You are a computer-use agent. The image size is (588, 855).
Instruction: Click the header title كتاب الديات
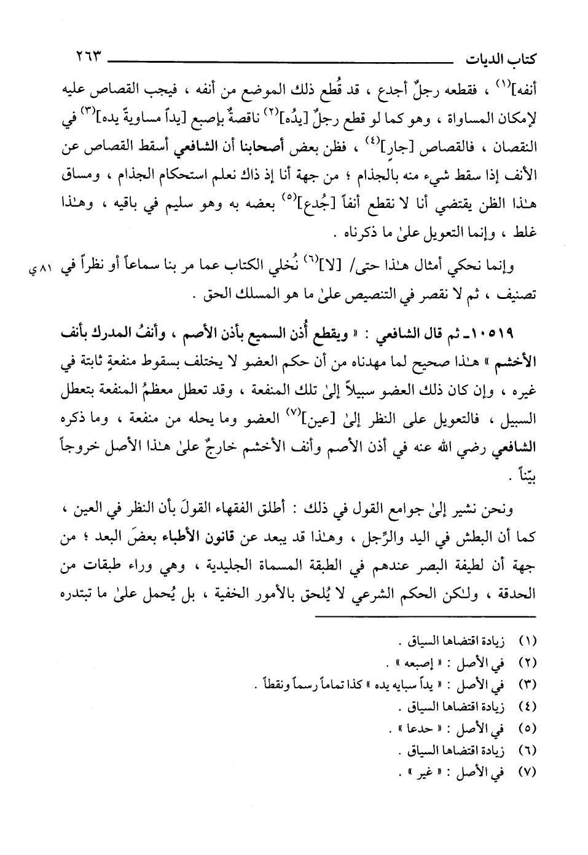(x=508, y=60)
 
